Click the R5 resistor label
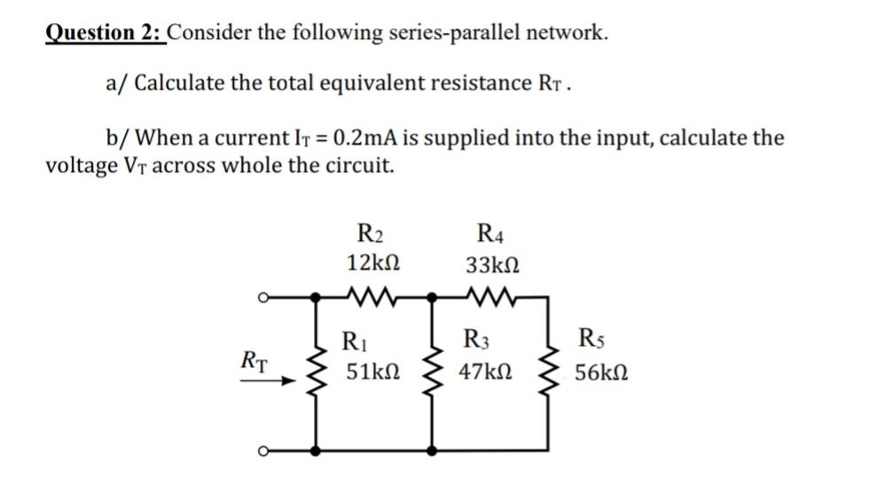[591, 340]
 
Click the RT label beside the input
[255, 361]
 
